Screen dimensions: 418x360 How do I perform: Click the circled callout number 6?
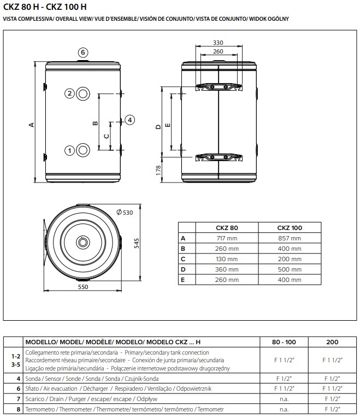tap(82, 52)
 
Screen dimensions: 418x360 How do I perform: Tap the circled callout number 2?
tap(69, 93)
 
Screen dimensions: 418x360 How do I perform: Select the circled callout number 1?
tap(69, 150)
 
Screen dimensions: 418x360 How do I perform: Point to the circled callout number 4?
tap(129, 120)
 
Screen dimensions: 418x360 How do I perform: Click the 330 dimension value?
tap(218, 43)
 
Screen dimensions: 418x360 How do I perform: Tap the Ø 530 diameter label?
tap(125, 212)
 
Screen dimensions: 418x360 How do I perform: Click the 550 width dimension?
tap(82, 286)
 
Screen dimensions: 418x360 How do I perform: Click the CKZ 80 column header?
tap(227, 228)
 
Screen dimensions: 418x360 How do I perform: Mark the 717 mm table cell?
tap(227, 238)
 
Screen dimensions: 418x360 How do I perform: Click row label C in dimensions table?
tap(183, 259)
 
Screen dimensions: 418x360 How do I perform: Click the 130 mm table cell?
tap(227, 259)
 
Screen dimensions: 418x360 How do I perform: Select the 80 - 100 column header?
tap(284, 342)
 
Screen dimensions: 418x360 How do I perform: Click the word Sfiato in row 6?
tap(33, 388)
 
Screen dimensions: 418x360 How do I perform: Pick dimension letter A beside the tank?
tap(32, 125)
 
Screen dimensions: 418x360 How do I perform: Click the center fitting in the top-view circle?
tap(83, 242)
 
